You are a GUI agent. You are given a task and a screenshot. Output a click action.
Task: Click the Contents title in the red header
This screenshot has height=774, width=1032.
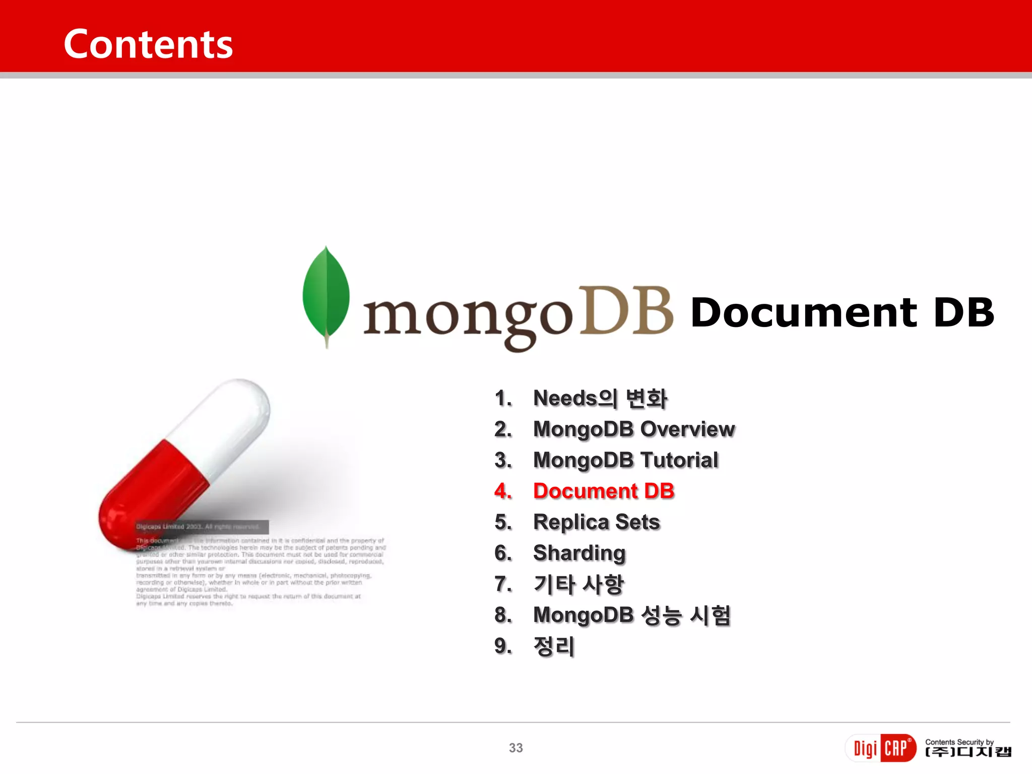148,44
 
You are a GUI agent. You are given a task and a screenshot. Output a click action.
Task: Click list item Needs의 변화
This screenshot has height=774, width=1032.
600,399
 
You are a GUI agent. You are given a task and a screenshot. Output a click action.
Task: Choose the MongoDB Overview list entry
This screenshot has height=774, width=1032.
633,429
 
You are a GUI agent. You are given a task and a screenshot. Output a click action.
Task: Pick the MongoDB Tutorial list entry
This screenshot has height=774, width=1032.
625,460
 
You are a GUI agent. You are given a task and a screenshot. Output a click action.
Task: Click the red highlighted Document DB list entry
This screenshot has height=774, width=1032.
603,491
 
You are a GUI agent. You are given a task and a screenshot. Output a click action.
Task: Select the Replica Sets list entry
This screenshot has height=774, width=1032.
596,522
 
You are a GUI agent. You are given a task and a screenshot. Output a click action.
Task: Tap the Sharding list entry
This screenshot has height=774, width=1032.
579,553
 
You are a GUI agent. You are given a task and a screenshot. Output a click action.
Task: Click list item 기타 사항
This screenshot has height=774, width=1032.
578,585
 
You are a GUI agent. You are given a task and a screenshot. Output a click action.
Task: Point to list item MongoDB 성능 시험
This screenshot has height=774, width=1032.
631,615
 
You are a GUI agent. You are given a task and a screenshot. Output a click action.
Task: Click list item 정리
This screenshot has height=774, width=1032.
554,647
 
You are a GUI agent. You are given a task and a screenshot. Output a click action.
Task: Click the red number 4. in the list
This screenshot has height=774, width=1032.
503,491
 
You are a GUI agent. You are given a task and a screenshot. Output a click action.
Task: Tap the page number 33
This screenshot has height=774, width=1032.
515,748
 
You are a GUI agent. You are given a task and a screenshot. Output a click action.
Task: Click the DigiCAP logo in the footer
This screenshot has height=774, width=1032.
881,748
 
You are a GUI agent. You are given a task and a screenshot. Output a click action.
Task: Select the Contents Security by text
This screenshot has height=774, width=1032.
959,742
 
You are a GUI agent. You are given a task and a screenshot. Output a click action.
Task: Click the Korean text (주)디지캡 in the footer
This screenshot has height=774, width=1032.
968,752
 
